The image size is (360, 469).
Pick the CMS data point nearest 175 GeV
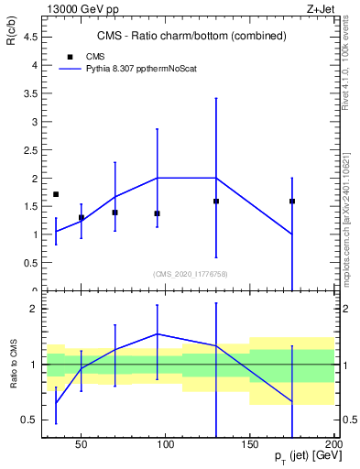292,201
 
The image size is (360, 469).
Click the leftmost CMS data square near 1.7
56,194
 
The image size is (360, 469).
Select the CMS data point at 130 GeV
216,201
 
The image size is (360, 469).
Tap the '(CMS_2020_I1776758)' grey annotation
191,273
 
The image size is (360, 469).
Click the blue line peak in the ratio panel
158,333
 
